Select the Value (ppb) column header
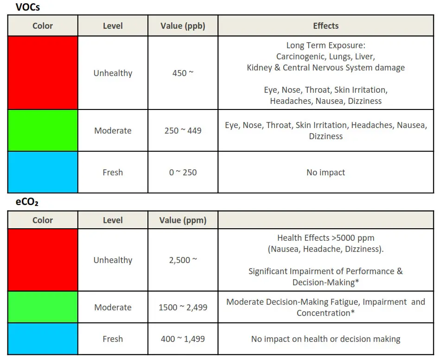[x=183, y=26]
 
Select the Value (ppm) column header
[x=183, y=220]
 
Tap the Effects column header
[x=325, y=26]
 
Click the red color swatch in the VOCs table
[x=43, y=73]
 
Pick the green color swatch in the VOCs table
[x=43, y=130]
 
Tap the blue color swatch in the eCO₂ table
[x=43, y=339]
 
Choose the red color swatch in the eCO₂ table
[x=43, y=260]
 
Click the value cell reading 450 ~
[x=183, y=73]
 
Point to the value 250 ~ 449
[x=183, y=131]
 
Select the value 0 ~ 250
[x=183, y=173]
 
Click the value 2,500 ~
[x=183, y=260]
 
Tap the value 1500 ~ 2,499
[x=183, y=308]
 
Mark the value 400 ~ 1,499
[x=183, y=339]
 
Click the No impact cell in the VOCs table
[x=325, y=173]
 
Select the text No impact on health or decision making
[x=325, y=339]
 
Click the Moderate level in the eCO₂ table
[x=113, y=308]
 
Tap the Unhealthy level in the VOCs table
[x=113, y=73]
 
